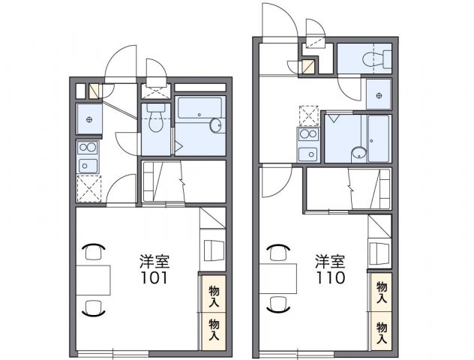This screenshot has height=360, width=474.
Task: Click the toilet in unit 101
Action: click(156, 119)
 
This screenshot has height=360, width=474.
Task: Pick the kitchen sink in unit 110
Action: click(308, 153)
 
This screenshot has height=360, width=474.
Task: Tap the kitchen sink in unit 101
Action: click(88, 164)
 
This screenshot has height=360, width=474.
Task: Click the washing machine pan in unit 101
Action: click(88, 119)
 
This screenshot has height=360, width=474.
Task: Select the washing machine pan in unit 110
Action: click(379, 94)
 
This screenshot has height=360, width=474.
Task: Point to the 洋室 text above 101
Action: click(154, 262)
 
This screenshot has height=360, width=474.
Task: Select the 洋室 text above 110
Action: click(330, 262)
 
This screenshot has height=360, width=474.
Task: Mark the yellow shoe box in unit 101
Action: click(94, 92)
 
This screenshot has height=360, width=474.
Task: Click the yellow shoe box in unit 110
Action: click(308, 67)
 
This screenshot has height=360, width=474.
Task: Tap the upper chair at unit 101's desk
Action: click(94, 250)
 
